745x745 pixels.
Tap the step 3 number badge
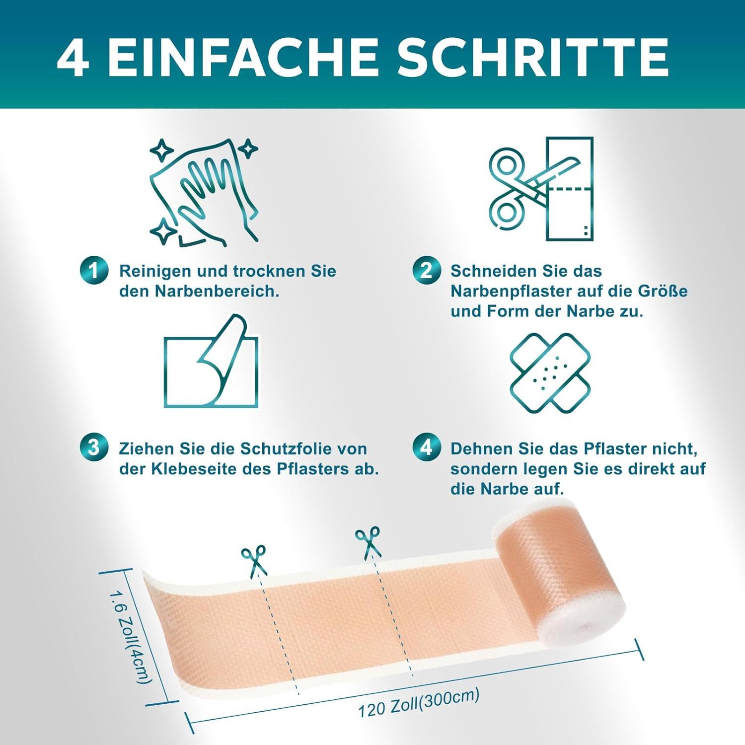click(93, 448)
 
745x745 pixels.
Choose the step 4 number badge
click(426, 448)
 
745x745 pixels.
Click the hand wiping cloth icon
click(204, 191)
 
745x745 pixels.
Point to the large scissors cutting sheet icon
click(541, 189)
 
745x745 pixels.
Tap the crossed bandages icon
click(550, 372)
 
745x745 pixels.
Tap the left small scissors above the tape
click(254, 560)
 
